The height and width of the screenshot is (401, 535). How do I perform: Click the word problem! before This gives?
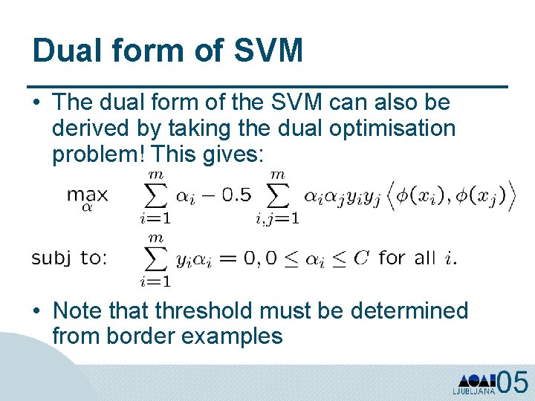(x=98, y=154)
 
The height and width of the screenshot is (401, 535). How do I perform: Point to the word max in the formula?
(x=87, y=195)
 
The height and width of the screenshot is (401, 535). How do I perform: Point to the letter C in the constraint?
(x=360, y=258)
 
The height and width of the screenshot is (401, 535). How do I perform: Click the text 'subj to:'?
(x=69, y=258)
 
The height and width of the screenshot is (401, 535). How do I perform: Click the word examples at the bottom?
(x=232, y=336)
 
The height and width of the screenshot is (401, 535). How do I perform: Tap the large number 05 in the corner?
(x=513, y=382)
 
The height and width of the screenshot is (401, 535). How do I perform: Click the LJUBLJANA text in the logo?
(x=473, y=391)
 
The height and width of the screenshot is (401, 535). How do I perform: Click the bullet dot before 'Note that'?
(x=37, y=311)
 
